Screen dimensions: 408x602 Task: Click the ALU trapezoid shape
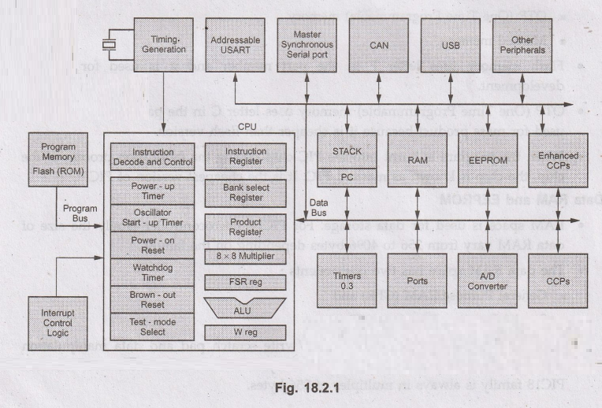coord(233,307)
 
